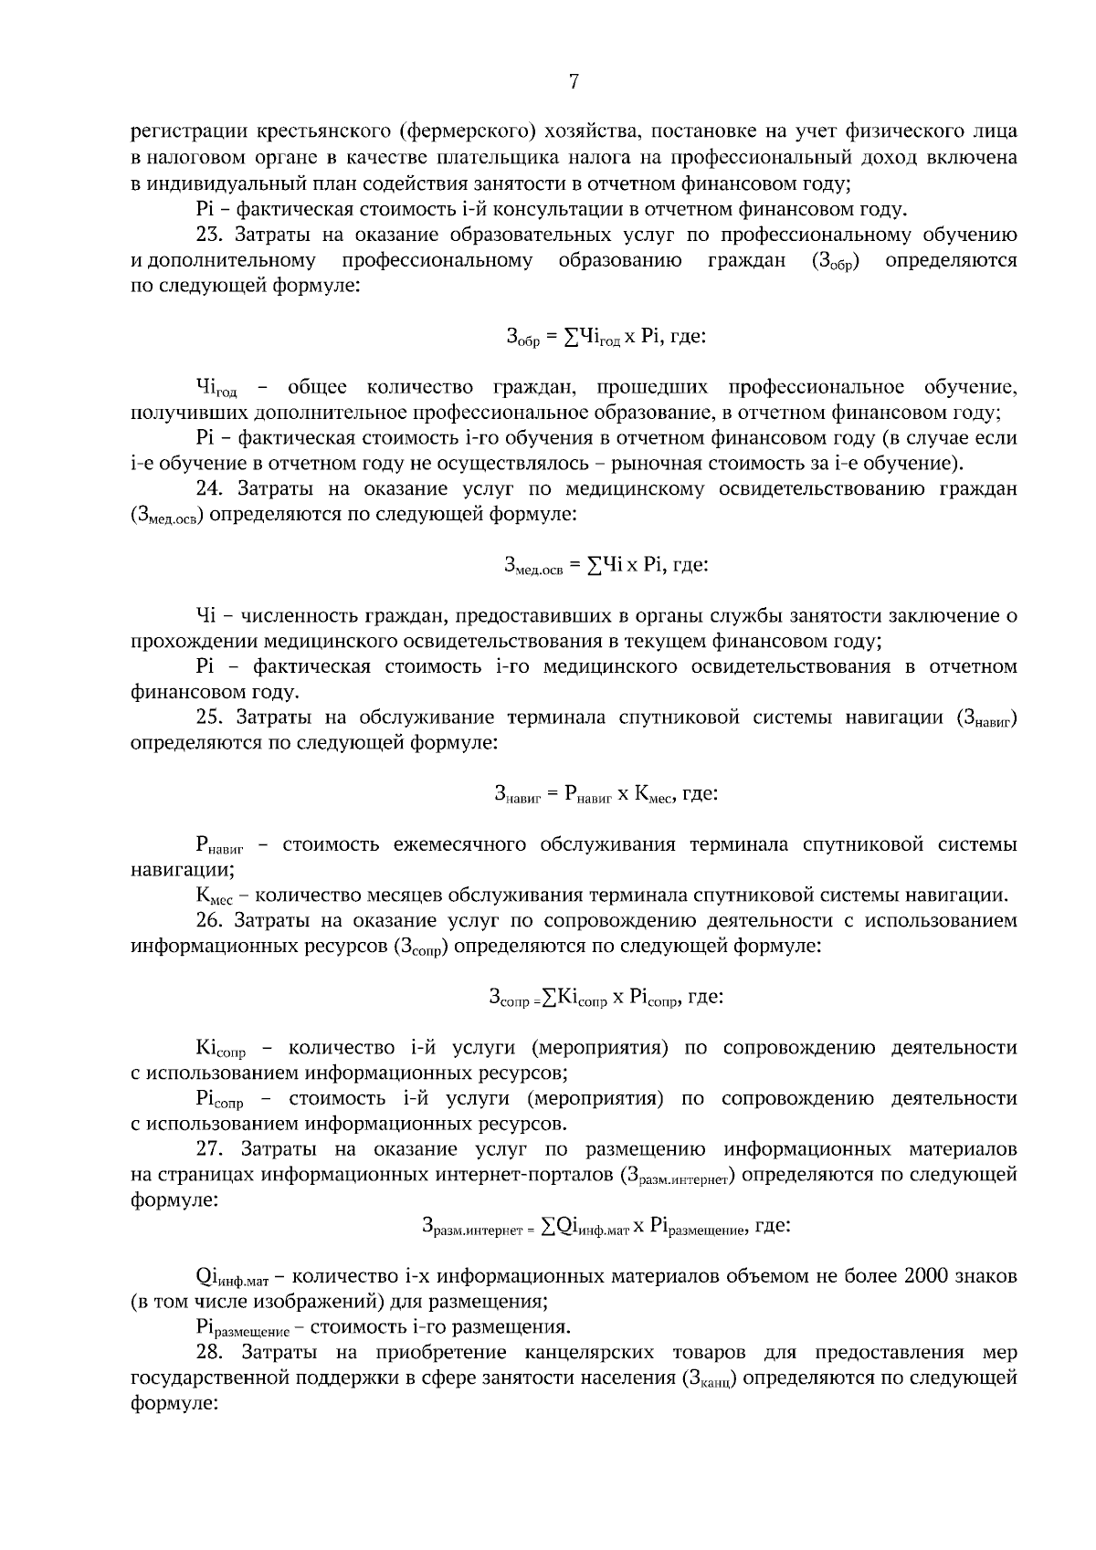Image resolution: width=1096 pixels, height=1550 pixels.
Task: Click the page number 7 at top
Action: click(574, 82)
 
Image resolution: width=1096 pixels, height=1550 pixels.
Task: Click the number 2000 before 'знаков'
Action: click(929, 1275)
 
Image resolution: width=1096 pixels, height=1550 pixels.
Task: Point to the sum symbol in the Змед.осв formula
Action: click(594, 564)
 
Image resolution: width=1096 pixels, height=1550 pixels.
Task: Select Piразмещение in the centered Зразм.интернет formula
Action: click(699, 1229)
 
